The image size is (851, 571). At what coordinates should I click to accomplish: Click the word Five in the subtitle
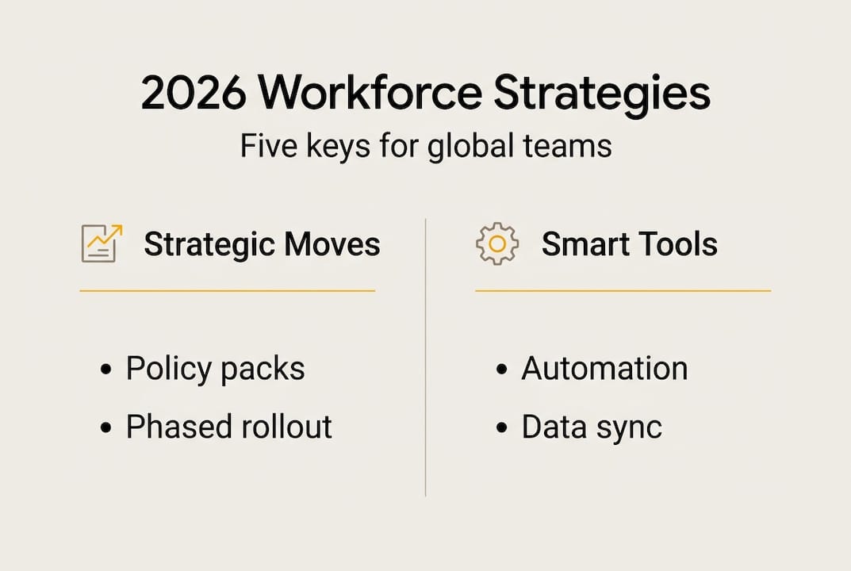(x=267, y=147)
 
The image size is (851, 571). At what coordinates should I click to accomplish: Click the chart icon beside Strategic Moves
(x=102, y=243)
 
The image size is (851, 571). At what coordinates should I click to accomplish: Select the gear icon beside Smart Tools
(x=496, y=243)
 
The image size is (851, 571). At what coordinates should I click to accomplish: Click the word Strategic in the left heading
(x=207, y=244)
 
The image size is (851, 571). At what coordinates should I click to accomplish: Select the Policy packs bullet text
(x=215, y=369)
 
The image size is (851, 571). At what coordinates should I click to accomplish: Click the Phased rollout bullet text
(x=228, y=427)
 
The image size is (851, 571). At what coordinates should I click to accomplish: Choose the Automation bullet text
(x=604, y=369)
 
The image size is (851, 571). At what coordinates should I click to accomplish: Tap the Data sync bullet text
(x=591, y=427)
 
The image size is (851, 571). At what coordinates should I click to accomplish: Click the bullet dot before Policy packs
(x=106, y=370)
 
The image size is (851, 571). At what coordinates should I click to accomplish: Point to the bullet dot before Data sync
(x=501, y=428)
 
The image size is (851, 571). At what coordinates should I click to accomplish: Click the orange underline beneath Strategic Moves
(x=227, y=291)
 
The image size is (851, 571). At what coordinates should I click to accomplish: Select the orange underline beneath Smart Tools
(x=623, y=291)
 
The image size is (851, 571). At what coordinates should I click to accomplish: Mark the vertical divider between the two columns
(x=426, y=357)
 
